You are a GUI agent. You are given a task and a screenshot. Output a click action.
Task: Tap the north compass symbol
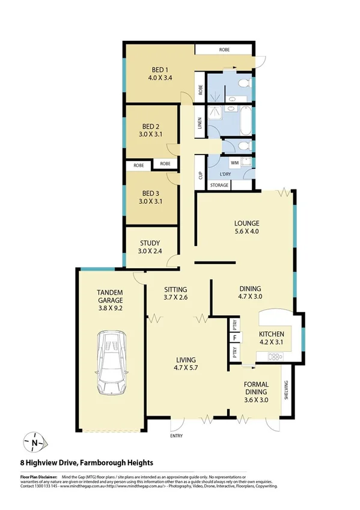pyautogui.click(x=34, y=443)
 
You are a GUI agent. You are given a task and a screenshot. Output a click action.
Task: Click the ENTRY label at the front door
pyautogui.click(x=177, y=435)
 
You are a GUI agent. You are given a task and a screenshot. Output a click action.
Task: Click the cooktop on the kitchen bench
pyautogui.click(x=275, y=357)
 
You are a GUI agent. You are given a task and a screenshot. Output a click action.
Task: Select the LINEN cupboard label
pyautogui.click(x=200, y=123)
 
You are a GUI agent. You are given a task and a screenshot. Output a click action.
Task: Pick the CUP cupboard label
pyautogui.click(x=200, y=176)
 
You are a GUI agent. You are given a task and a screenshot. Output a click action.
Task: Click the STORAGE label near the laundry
pyautogui.click(x=219, y=185)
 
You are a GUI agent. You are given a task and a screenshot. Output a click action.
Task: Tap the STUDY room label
pyautogui.click(x=150, y=243)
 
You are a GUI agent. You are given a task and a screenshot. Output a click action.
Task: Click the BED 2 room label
pyautogui.click(x=150, y=126)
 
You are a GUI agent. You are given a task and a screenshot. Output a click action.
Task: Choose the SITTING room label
pyautogui.click(x=175, y=289)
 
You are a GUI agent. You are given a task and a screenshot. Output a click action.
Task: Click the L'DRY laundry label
pyautogui.click(x=225, y=174)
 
